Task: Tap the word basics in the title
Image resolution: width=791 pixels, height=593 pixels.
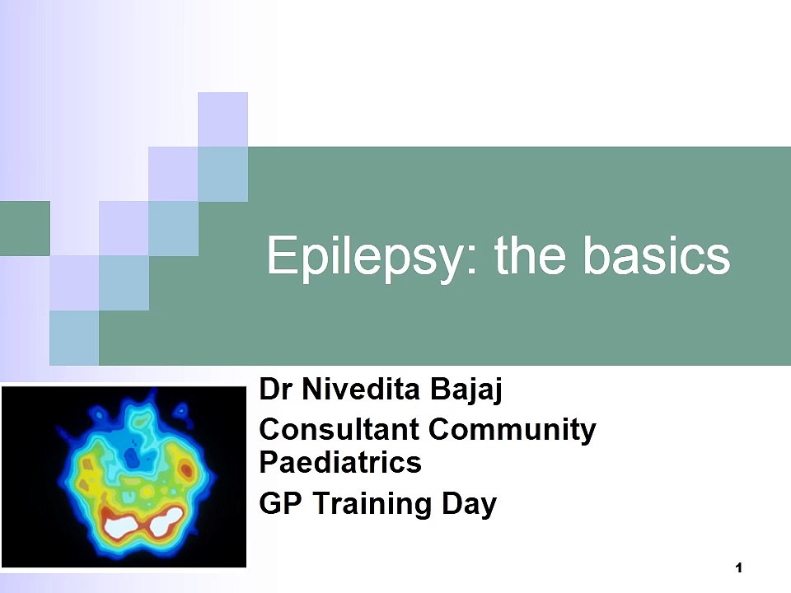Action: pos(657,255)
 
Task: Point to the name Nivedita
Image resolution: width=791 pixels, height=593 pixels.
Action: pos(361,390)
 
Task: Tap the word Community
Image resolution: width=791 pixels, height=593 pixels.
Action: pos(512,430)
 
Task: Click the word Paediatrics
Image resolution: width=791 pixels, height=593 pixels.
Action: pos(340,462)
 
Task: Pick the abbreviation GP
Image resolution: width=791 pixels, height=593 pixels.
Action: pos(280,503)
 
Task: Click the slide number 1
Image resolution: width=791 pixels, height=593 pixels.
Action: pos(739,568)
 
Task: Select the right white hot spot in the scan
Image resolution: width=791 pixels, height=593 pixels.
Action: pos(166,522)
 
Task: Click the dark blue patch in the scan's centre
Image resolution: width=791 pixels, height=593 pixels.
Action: pos(132,458)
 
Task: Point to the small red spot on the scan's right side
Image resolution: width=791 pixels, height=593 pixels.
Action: pos(186,469)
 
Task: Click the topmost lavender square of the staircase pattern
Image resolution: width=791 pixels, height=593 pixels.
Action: pos(222,119)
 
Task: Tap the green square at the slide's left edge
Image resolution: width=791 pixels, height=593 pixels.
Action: pos(25,228)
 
